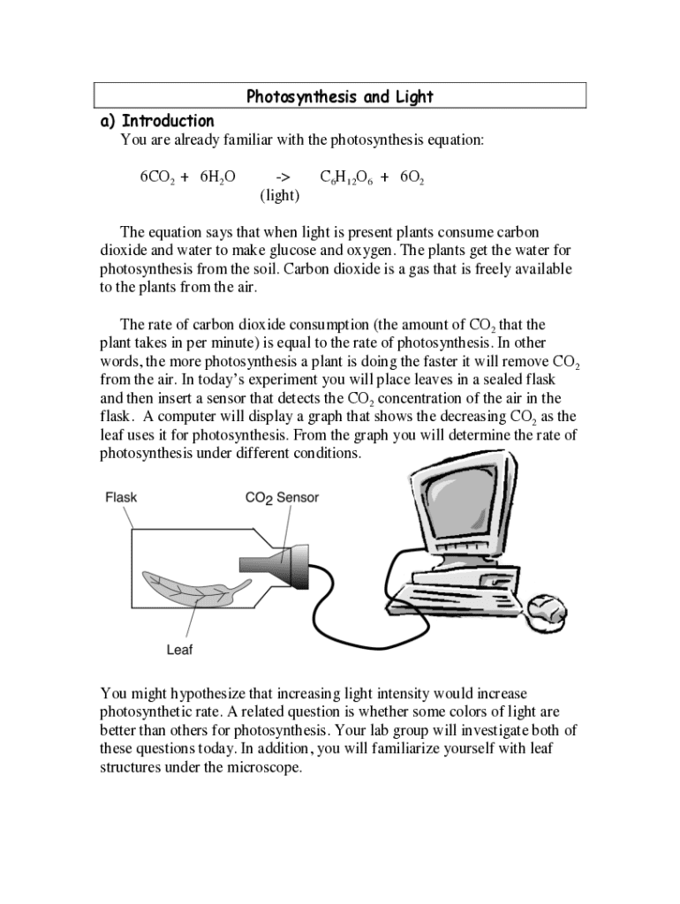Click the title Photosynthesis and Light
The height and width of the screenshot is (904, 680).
pos(340,96)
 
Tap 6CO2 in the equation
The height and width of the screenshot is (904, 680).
pos(156,177)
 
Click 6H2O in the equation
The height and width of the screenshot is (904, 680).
pos(217,177)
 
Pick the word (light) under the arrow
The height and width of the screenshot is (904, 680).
pos(279,195)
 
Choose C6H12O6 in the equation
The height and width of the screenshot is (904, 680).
pos(345,178)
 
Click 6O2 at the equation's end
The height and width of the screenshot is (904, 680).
pos(412,178)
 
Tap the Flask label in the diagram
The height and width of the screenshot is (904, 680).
pos(121,497)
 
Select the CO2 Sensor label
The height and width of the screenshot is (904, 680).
pos(282,498)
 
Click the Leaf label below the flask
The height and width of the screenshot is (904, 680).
pos(179,651)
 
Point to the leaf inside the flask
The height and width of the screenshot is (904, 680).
pos(190,590)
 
